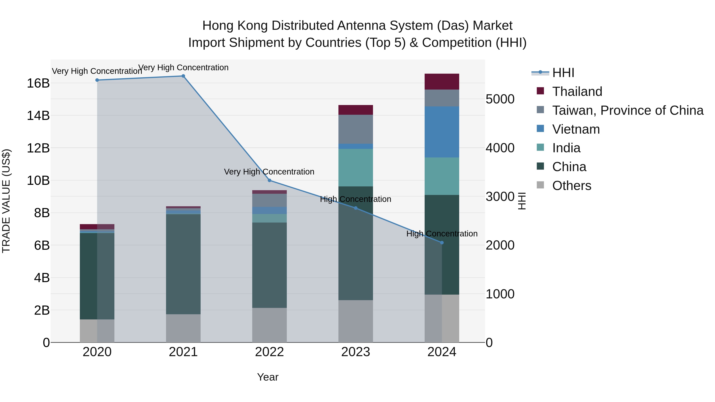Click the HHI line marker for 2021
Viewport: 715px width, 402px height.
coord(183,76)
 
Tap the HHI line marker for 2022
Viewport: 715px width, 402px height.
coord(269,180)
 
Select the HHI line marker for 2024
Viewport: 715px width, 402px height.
coord(442,242)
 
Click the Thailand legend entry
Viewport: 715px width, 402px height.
coord(577,92)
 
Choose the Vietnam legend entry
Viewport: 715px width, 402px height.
coord(576,129)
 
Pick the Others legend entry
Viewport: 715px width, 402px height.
coord(571,186)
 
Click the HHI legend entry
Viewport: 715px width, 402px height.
coord(563,73)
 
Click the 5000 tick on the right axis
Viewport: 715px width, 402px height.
coord(500,99)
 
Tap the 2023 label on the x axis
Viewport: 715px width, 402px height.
coord(356,352)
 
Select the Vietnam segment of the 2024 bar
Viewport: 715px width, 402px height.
coord(442,132)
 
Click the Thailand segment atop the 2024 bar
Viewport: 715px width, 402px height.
coord(442,82)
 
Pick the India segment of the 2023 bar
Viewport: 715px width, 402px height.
coord(356,168)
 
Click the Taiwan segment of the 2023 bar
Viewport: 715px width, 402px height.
coord(356,129)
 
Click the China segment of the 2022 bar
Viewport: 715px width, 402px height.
coord(269,265)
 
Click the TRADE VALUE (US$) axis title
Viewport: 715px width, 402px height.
coord(6,201)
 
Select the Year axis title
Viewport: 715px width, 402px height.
coord(268,377)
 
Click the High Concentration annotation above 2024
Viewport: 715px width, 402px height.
coord(442,234)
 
